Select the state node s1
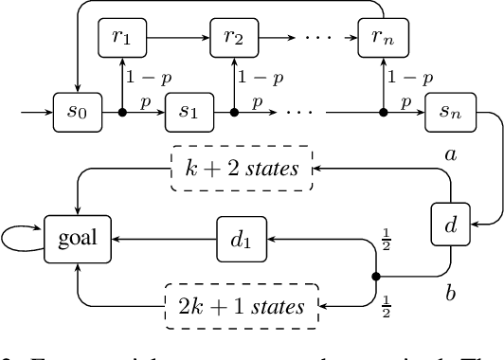tap(185, 112)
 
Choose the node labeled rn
tap(382, 39)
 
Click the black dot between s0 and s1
tap(122, 113)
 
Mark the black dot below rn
tap(383, 113)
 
